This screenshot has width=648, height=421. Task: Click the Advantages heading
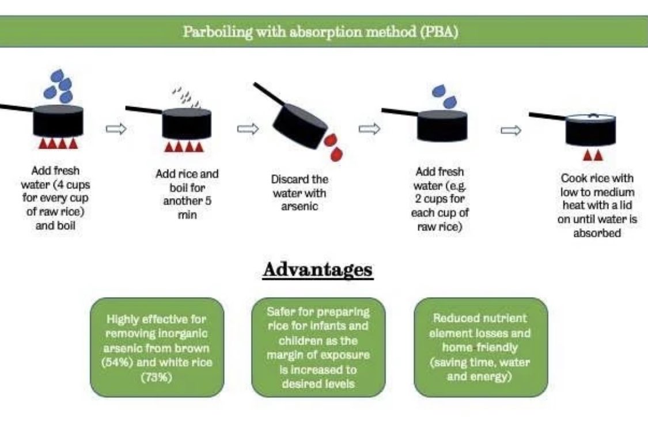317,270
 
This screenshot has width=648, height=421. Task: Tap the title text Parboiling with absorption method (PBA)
321,31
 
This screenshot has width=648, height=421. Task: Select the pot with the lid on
590,130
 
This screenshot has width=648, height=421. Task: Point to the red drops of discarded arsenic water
333,146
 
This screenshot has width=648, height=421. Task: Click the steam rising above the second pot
188,96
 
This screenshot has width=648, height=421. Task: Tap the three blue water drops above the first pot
60,85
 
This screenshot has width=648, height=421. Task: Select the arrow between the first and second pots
116,129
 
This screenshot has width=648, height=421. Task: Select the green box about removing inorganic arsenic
157,347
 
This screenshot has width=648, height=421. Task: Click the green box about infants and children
318,347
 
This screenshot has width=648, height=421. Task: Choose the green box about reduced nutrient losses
480,347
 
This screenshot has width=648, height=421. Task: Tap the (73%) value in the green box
157,377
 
